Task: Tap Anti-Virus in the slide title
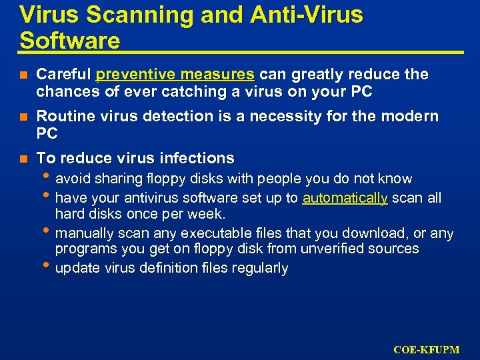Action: click(307, 15)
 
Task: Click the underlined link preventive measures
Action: click(175, 74)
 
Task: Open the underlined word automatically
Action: click(345, 198)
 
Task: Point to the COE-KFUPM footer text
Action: click(426, 349)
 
